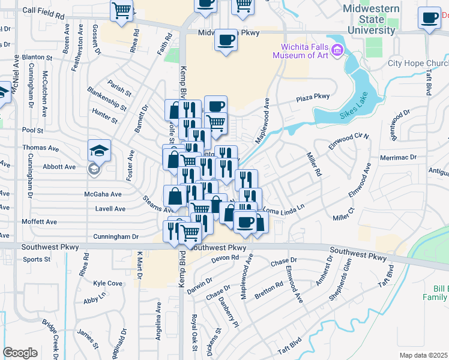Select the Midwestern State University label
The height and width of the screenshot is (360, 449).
[370, 19]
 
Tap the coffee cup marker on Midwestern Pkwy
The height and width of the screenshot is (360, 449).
[226, 40]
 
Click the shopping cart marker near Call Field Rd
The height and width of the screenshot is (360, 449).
[122, 10]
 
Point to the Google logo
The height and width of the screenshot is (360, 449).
[20, 353]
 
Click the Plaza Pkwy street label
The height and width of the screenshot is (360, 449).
[313, 97]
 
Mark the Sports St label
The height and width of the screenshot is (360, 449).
[37, 259]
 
